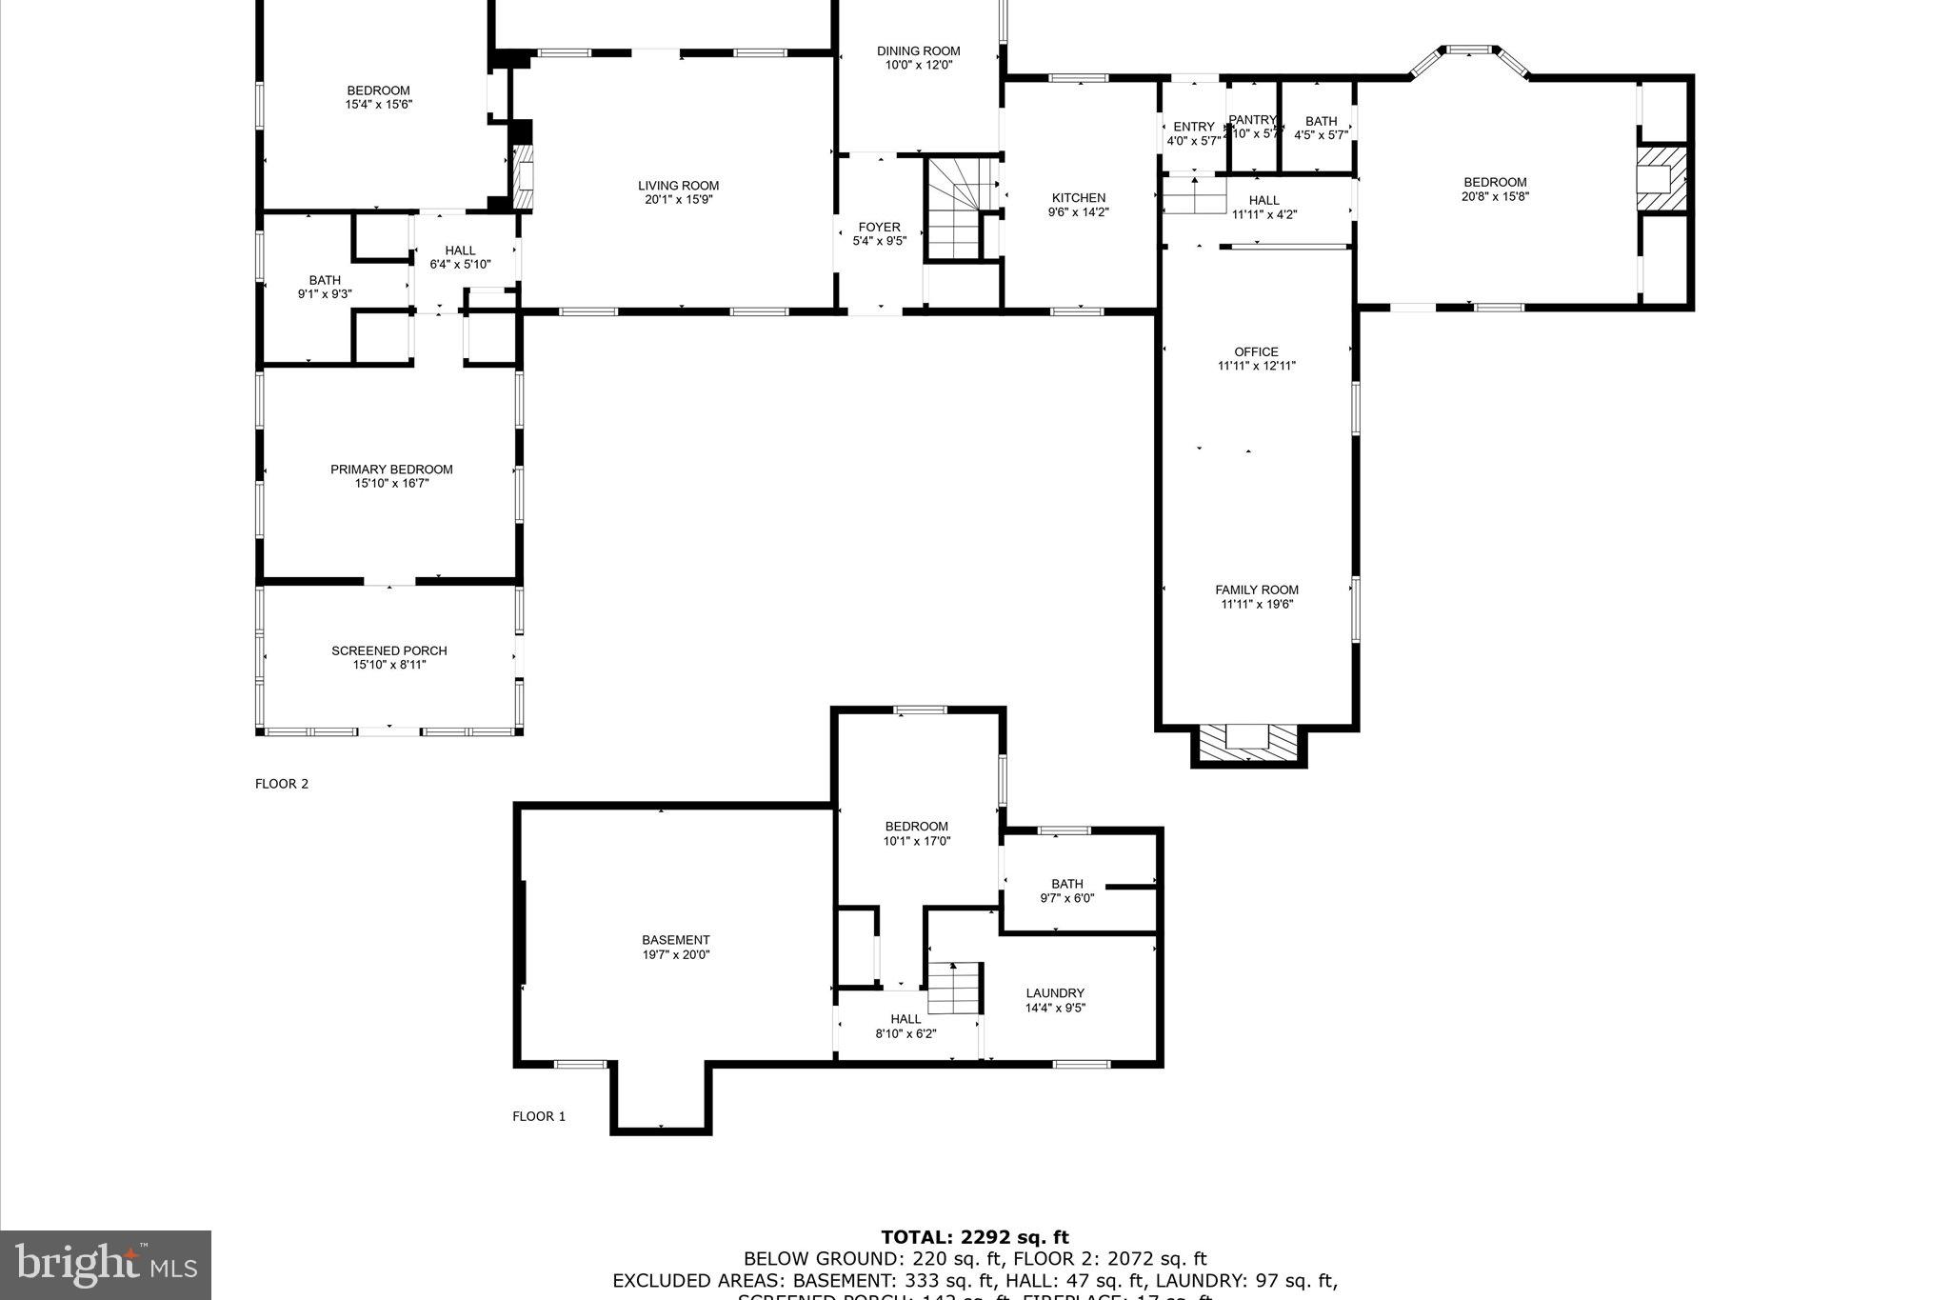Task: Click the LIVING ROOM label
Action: [678, 186]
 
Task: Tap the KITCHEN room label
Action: [1078, 198]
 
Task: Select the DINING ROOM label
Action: [918, 51]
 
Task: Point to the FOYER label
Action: [879, 227]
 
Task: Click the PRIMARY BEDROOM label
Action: [391, 470]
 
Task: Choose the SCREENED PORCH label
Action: [388, 650]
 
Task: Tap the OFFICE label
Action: [1256, 351]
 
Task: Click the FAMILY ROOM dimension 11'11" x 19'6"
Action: [1257, 604]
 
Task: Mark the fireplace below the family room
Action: [1247, 743]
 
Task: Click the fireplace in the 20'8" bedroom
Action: [1661, 178]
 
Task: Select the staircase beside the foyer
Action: [954, 210]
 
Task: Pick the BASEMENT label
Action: [675, 940]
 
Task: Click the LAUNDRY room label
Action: [1055, 992]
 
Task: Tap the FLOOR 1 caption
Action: [539, 1116]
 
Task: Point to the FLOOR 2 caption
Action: [282, 784]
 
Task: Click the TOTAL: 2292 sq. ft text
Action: [974, 1237]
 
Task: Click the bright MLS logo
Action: [105, 1264]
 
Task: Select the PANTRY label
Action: [1251, 120]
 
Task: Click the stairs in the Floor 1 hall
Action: [954, 988]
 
